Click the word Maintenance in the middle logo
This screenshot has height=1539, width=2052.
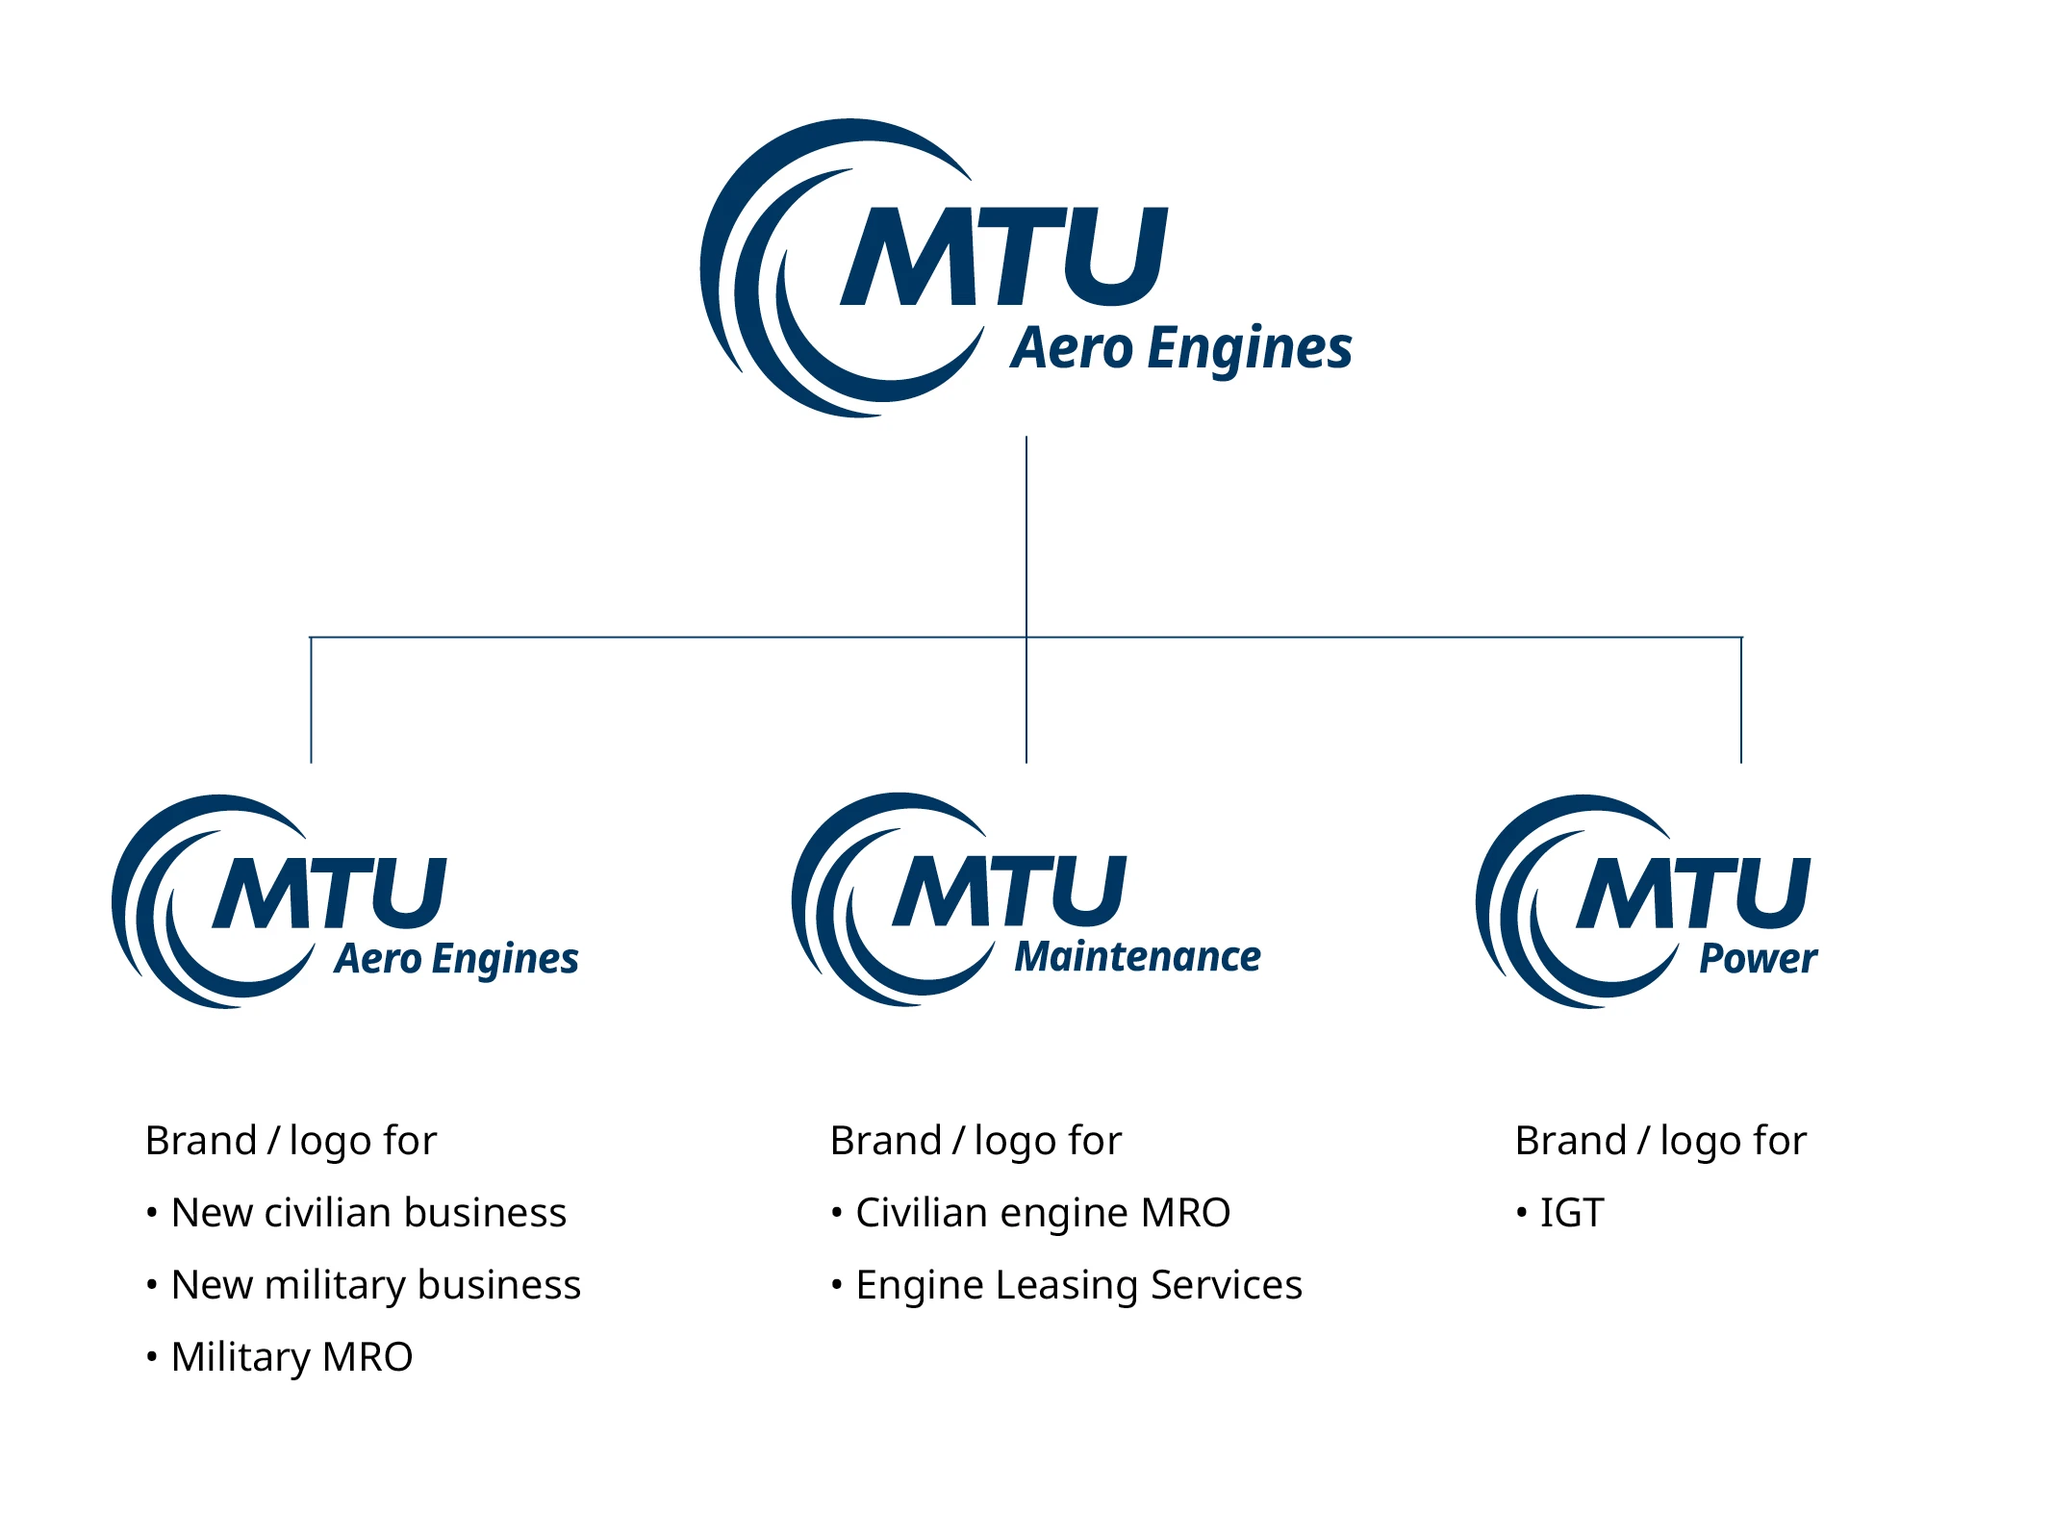tap(1137, 957)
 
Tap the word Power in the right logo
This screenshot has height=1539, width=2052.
tap(1758, 959)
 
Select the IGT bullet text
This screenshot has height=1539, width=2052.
tap(1572, 1213)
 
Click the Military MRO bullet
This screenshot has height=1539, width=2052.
tap(291, 1357)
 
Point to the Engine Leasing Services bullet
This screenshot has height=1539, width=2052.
tap(1078, 1285)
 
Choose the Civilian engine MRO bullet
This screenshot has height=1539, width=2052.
tap(1043, 1213)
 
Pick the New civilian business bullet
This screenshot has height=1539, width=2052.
tap(368, 1213)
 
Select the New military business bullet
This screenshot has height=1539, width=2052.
tap(376, 1285)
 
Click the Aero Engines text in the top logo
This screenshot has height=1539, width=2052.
tap(1181, 348)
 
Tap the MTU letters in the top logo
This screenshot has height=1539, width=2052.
tap(1004, 257)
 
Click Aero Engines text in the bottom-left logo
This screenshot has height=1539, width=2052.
tap(456, 959)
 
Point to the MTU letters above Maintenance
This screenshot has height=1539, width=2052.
tap(1009, 892)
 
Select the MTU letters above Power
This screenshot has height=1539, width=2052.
tap(1693, 894)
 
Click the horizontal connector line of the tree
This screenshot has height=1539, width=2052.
tap(673, 637)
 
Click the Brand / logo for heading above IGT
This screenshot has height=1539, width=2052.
tap(1660, 1141)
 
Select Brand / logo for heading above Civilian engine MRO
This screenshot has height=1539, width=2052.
tap(975, 1141)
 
